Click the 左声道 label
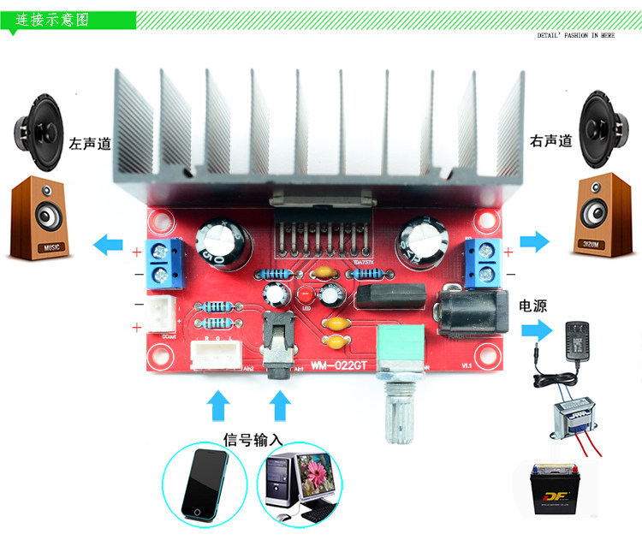click(90, 144)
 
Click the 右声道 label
click(550, 141)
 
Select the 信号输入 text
click(253, 440)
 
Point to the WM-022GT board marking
click(336, 365)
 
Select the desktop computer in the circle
click(300, 484)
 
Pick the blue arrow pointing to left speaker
click(109, 244)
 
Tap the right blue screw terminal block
click(484, 263)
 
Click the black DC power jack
click(472, 314)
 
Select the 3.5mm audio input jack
click(278, 347)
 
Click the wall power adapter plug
click(586, 341)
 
